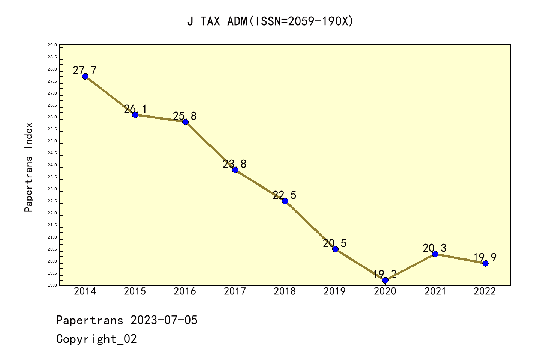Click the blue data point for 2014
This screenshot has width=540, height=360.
click(x=85, y=76)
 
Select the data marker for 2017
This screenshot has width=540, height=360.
click(x=235, y=170)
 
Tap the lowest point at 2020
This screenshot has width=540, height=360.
click(x=385, y=280)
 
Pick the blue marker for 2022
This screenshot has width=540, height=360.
click(x=485, y=263)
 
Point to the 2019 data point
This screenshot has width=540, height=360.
click(x=335, y=249)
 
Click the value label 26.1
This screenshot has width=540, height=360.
click(x=135, y=109)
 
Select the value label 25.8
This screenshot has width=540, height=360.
click(x=185, y=116)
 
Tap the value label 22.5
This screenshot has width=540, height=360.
click(x=285, y=195)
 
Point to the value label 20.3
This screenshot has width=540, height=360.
click(x=435, y=248)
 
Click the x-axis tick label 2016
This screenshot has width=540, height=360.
click(x=185, y=291)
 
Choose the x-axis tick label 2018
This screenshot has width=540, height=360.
click(x=285, y=291)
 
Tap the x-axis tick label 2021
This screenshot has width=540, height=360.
click(x=435, y=291)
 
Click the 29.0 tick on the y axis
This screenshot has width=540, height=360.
click(x=52, y=45)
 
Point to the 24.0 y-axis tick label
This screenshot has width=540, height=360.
click(x=52, y=165)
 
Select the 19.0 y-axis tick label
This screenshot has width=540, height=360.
click(x=52, y=285)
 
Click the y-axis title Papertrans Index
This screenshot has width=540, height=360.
click(x=28, y=167)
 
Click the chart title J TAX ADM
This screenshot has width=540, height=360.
click(x=270, y=21)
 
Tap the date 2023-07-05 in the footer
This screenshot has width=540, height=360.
click(x=164, y=320)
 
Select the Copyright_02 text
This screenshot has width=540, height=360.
click(x=97, y=339)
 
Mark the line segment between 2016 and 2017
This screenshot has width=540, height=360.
click(x=210, y=146)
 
